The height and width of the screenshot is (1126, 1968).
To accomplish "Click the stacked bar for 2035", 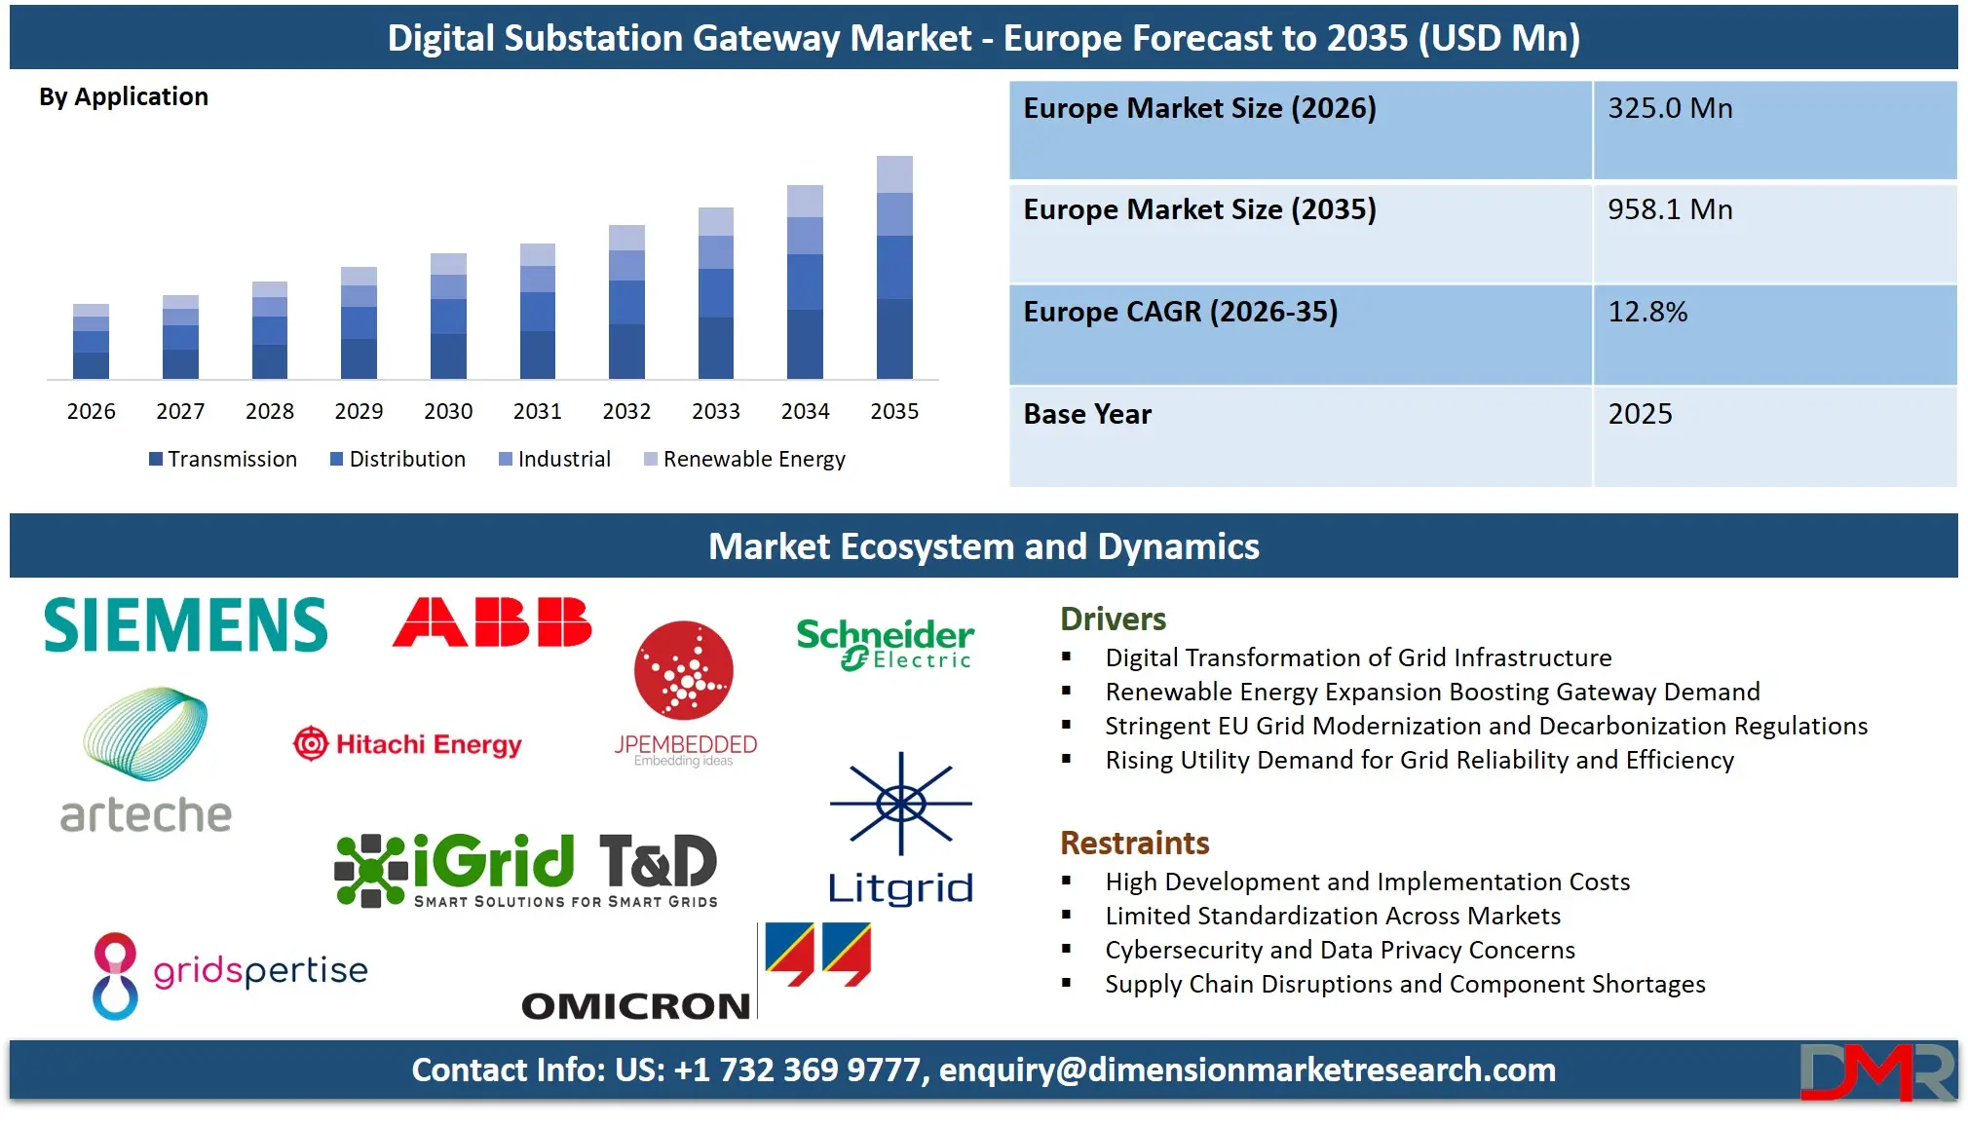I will tap(894, 268).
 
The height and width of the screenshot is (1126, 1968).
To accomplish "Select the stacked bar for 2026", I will tap(91, 342).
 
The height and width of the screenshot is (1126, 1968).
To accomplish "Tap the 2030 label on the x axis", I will tap(448, 411).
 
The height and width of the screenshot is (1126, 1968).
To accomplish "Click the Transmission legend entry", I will tap(223, 459).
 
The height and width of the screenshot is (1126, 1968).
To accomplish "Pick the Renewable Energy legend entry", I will tap(745, 459).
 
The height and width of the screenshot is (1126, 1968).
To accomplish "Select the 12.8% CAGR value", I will tap(1647, 312).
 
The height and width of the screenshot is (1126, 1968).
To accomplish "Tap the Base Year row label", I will tap(1087, 414).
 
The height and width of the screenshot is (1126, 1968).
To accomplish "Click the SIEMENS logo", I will tap(186, 624).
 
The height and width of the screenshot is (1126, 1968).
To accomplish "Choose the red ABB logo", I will tap(492, 622).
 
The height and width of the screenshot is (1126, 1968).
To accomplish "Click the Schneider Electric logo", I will tap(885, 644).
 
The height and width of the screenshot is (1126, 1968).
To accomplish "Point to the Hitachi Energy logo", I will tap(408, 744).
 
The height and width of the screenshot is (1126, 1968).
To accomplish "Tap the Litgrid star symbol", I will tap(901, 804).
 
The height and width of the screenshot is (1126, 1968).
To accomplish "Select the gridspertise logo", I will tap(231, 974).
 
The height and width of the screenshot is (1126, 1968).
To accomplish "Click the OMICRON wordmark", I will tap(636, 1006).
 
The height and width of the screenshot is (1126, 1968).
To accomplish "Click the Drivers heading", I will tap(1113, 619).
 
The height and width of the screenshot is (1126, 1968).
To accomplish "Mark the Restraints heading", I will tap(1134, 843).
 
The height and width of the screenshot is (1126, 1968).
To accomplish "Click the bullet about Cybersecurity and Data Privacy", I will tap(1340, 950).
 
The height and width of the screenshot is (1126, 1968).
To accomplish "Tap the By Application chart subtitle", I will tap(124, 96).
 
